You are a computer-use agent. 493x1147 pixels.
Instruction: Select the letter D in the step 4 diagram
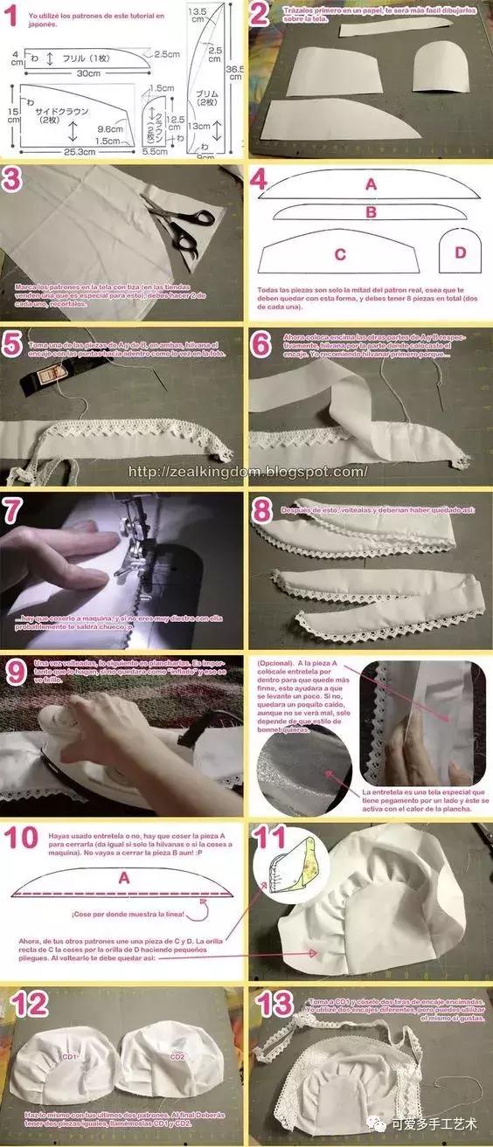point(461,253)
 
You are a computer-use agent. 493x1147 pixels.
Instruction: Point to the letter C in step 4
point(340,254)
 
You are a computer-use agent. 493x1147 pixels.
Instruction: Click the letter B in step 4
point(371,211)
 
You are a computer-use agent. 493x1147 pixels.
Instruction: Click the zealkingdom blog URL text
point(246,472)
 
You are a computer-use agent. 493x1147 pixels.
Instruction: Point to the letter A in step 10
point(123,877)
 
